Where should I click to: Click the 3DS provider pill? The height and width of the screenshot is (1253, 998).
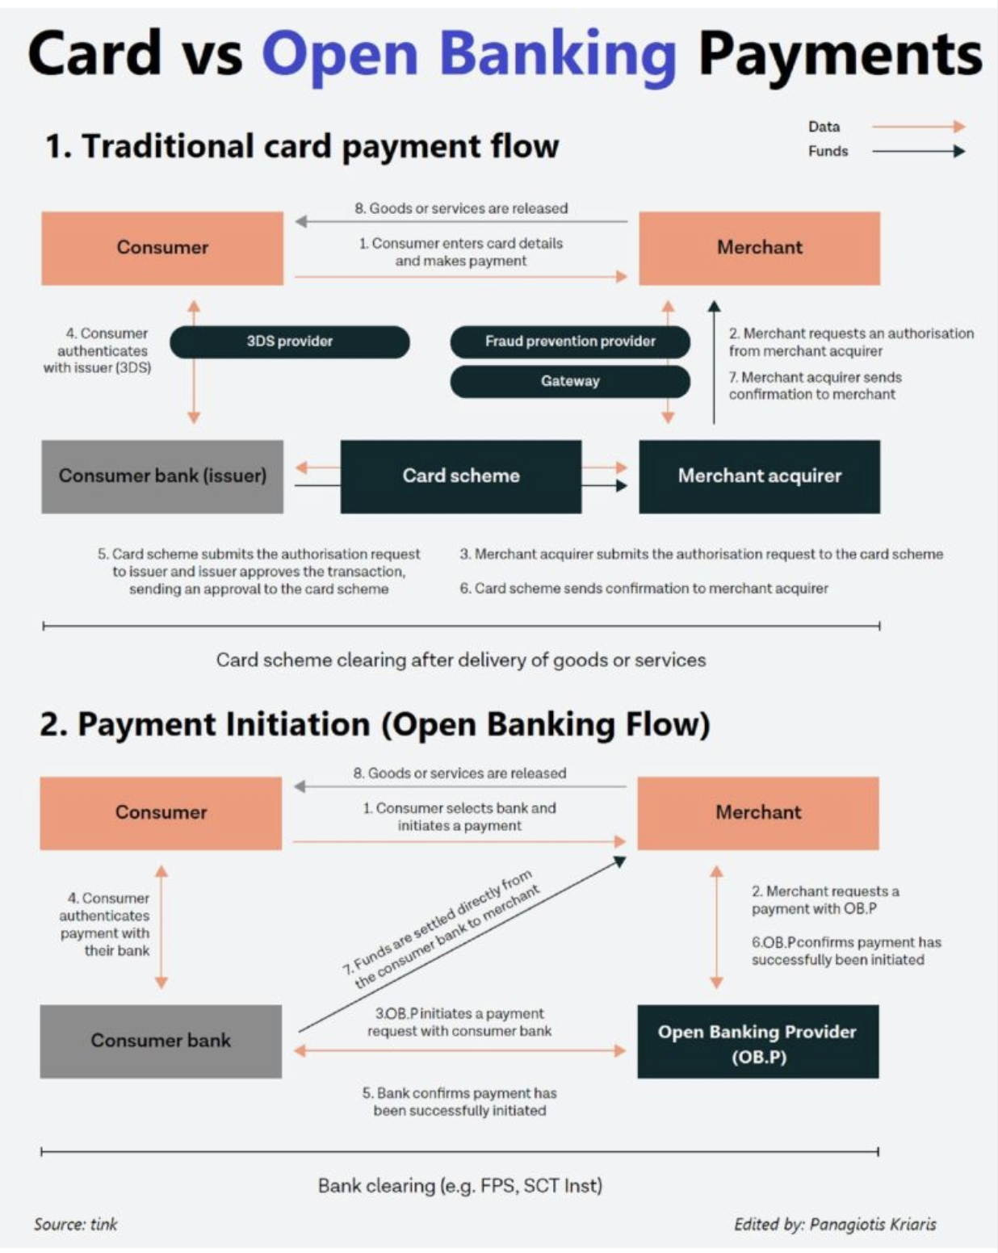(x=289, y=342)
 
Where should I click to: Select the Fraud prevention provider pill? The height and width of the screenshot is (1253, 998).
(x=570, y=342)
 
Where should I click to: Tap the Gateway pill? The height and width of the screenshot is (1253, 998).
(x=570, y=381)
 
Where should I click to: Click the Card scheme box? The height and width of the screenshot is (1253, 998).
(x=460, y=476)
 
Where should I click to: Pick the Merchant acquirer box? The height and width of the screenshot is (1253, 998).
(x=759, y=476)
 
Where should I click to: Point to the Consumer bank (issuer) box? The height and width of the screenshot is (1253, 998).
(x=162, y=476)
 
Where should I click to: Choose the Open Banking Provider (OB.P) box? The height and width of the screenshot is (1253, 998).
(x=757, y=1041)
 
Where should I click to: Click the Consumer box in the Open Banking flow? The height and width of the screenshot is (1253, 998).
(x=161, y=812)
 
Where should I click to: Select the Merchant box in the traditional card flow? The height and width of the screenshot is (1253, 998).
(x=759, y=248)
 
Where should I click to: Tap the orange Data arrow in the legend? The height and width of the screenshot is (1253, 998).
(x=918, y=127)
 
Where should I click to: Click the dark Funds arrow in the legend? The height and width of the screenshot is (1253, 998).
(x=918, y=151)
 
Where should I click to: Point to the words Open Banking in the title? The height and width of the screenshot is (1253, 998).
(x=468, y=55)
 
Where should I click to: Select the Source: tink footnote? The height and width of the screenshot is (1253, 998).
(x=75, y=1225)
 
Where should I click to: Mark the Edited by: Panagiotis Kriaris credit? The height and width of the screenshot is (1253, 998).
(x=834, y=1225)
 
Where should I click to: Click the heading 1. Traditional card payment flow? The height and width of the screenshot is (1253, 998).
(x=302, y=147)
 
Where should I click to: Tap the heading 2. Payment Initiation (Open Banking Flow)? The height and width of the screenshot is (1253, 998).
(x=375, y=724)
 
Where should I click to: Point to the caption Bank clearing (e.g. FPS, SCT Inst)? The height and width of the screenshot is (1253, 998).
(x=459, y=1185)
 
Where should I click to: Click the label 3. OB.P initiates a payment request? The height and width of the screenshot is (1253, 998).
(x=459, y=1022)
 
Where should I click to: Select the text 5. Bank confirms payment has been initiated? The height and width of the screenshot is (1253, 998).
(x=459, y=1102)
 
